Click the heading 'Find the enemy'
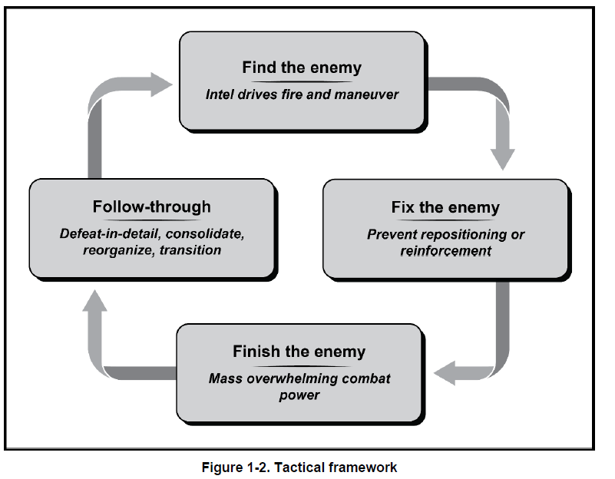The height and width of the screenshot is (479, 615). point(302,68)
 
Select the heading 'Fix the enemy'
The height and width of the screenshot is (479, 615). point(445,207)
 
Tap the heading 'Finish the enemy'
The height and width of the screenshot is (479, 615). point(299,352)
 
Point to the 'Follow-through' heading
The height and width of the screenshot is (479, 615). point(152,206)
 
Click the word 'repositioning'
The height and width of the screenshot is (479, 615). point(465,234)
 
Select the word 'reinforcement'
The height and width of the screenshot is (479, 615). point(445,251)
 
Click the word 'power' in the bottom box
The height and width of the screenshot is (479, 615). point(299,395)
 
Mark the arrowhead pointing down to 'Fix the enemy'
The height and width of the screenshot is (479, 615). point(502,159)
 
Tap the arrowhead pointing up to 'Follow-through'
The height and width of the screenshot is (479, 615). point(94,301)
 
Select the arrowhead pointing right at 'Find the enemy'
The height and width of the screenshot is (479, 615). point(161,84)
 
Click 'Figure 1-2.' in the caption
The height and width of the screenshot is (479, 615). point(236,467)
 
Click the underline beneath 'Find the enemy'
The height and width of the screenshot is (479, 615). point(302,82)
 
